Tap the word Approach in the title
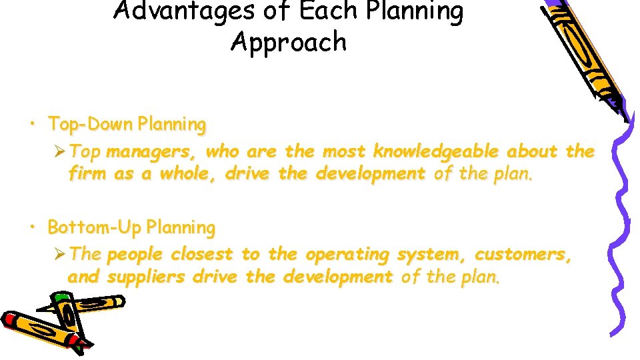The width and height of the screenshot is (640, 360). pyautogui.click(x=289, y=42)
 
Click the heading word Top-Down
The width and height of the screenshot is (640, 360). pyautogui.click(x=90, y=124)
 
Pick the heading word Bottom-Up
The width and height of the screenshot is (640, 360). pyautogui.click(x=95, y=227)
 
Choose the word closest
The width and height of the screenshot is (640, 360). pyautogui.click(x=202, y=255)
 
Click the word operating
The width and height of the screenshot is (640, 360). pyautogui.click(x=347, y=255)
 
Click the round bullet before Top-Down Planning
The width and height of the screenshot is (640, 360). pyautogui.click(x=31, y=124)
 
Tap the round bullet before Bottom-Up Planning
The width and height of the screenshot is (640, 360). pyautogui.click(x=31, y=227)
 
